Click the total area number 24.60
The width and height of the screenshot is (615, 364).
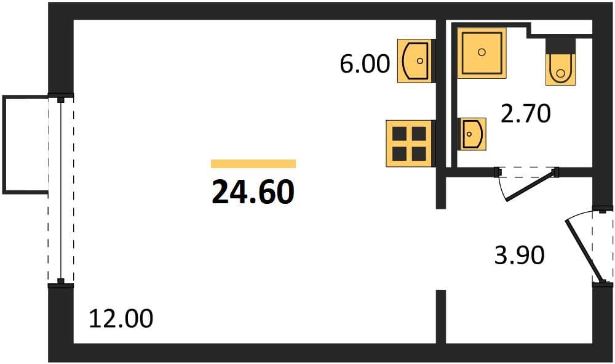click(x=253, y=192)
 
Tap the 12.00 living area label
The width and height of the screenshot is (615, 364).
click(x=121, y=318)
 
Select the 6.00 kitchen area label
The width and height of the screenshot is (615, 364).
click(x=365, y=63)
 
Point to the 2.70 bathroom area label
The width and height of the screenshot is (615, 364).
click(x=526, y=113)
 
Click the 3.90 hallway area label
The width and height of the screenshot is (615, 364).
click(x=519, y=255)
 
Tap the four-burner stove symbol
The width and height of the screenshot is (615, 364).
click(x=410, y=144)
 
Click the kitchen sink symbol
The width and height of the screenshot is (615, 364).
click(x=416, y=61)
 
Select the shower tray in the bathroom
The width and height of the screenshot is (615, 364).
click(x=482, y=52)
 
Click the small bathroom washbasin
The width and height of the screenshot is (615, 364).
click(x=472, y=134)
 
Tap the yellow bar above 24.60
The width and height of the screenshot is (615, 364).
click(x=253, y=164)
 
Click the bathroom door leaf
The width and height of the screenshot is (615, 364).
click(x=532, y=185)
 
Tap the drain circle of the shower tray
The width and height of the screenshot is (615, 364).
click(x=482, y=52)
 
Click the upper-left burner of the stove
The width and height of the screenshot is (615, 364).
click(x=400, y=134)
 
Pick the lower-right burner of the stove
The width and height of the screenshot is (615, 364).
click(x=419, y=153)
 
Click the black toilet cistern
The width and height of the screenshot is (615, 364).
click(x=560, y=46)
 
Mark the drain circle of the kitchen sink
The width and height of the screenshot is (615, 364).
click(x=420, y=61)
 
